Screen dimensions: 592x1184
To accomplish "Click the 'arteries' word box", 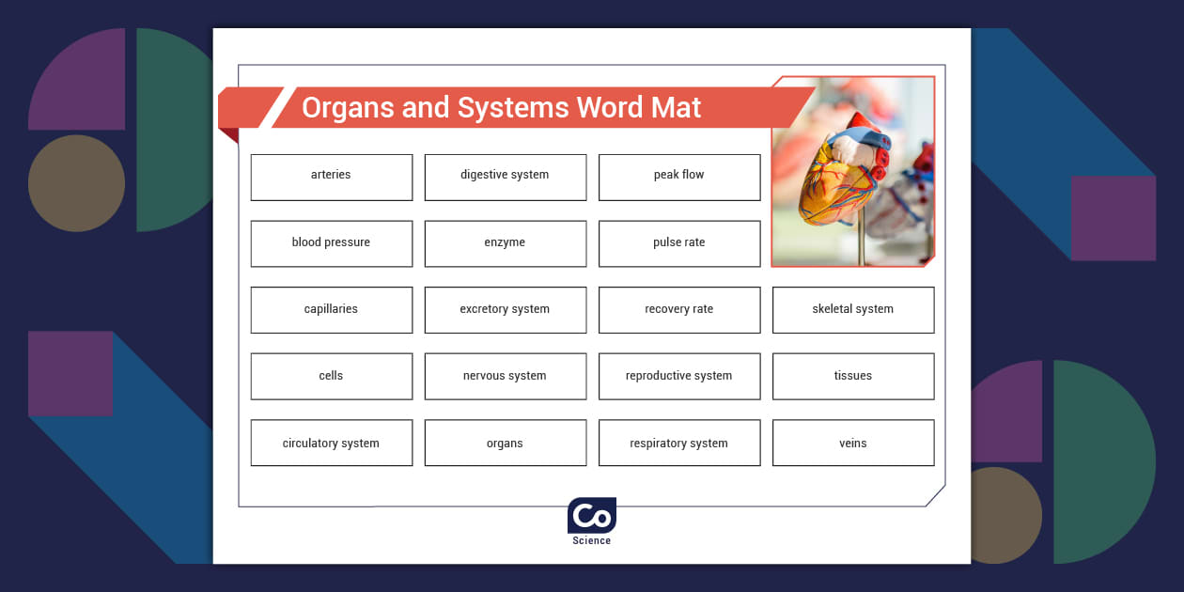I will [x=331, y=177].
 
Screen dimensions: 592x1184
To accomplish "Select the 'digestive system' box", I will [x=505, y=177].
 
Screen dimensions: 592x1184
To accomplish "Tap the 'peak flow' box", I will [x=678, y=177].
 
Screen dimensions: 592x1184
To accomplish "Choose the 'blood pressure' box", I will [x=331, y=243].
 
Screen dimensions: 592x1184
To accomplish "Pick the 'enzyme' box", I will [x=505, y=243].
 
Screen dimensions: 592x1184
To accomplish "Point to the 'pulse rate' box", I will [x=678, y=243].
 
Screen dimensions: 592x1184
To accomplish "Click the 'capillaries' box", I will [x=331, y=310].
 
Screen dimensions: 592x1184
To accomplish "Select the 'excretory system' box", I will [x=505, y=310].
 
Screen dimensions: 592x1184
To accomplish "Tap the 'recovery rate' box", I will [x=678, y=310].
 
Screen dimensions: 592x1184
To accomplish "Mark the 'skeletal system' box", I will [x=852, y=310].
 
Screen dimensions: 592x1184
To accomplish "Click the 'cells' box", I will [x=331, y=376].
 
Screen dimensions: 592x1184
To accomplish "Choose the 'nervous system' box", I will [x=505, y=376].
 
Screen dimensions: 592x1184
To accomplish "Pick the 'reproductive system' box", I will [x=678, y=376].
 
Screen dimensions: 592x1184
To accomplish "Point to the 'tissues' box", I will [x=852, y=376].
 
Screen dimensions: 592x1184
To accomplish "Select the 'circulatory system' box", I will [x=331, y=443].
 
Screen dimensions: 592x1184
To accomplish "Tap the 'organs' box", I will [x=505, y=443].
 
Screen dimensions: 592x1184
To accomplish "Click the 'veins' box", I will [x=852, y=443].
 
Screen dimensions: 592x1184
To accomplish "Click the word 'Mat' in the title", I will [x=676, y=108].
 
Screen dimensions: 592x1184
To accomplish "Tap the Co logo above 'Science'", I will [x=591, y=516].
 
